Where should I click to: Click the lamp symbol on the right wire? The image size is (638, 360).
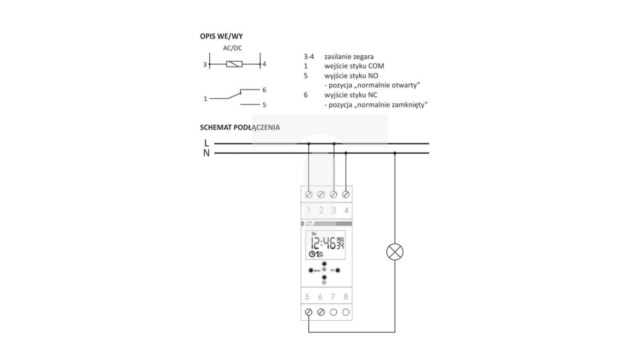395,252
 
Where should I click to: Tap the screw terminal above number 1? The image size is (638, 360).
309,194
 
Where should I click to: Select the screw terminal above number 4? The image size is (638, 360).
346,194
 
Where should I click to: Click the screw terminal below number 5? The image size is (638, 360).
309,312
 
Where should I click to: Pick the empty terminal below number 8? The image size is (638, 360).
346,312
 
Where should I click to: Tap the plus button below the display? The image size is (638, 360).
324,264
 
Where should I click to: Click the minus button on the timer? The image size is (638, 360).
324,277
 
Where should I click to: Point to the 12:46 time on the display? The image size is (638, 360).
323,243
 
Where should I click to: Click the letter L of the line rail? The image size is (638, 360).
206,143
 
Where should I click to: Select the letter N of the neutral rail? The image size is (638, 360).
206,153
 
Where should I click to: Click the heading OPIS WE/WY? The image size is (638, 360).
221,36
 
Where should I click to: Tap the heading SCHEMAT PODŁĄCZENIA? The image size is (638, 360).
240,127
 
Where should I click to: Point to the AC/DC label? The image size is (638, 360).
233,48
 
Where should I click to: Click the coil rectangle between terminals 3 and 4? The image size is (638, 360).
234,64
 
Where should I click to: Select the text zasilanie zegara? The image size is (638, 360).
349,57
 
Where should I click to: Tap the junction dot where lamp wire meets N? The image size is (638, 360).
395,153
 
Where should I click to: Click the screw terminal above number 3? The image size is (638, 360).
334,194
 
